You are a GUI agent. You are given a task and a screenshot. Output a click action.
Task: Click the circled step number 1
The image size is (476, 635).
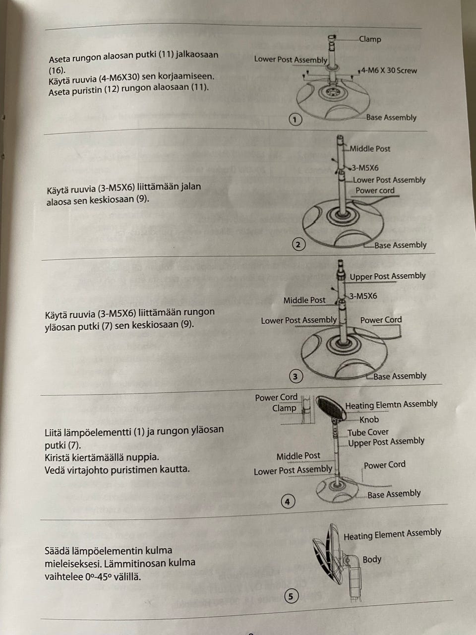click(295, 119)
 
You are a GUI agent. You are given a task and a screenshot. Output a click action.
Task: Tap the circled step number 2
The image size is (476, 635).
click(298, 244)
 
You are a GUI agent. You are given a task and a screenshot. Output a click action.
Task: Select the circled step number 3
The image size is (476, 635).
click(295, 377)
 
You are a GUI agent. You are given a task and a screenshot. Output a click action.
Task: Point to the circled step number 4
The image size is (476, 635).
click(288, 502)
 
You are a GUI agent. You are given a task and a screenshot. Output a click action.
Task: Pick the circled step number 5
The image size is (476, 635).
click(291, 596)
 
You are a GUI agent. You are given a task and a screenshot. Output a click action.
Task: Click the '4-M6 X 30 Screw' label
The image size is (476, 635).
click(389, 70)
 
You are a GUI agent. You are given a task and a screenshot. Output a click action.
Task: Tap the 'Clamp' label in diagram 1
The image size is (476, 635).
click(370, 39)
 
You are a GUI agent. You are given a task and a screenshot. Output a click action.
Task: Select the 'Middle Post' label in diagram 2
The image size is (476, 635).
click(370, 148)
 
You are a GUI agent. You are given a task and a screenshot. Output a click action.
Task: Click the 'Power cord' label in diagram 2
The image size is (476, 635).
click(375, 190)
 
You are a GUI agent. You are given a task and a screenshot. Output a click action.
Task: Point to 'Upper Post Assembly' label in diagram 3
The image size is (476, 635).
click(388, 276)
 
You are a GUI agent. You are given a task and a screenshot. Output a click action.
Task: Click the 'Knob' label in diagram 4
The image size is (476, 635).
click(369, 420)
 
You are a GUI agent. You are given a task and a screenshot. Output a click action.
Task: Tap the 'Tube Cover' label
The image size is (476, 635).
click(368, 432)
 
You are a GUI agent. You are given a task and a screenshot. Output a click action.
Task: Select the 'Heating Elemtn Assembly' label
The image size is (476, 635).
click(391, 405)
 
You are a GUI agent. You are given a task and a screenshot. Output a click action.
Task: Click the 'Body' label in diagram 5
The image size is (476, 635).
click(372, 560)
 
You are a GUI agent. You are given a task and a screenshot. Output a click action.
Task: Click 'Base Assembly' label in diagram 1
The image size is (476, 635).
click(391, 118)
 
